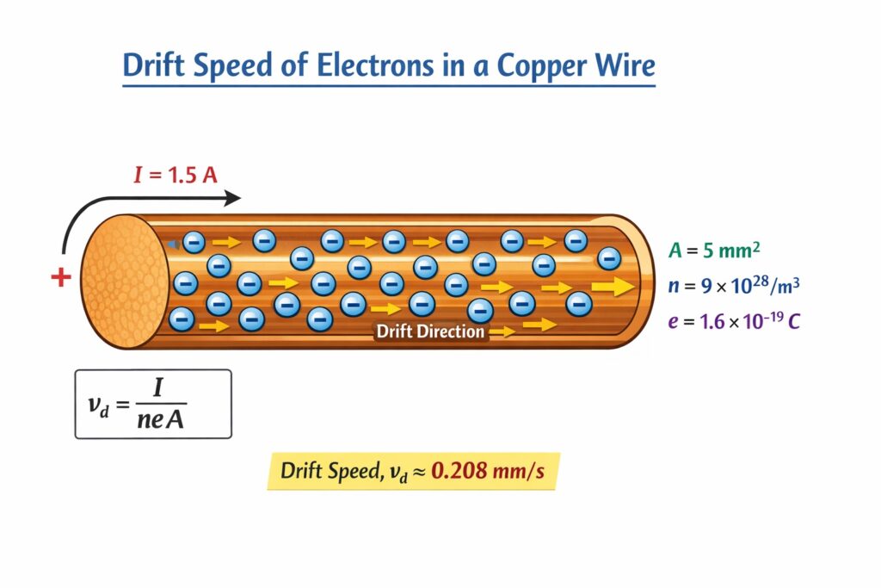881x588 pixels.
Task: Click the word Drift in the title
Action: point(157,65)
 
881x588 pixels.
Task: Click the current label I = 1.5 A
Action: point(175,176)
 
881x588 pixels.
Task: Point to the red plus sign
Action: point(60,278)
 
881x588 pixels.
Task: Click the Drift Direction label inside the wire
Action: point(430,331)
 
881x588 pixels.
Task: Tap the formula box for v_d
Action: point(153,404)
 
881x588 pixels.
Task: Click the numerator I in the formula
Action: point(157,388)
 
